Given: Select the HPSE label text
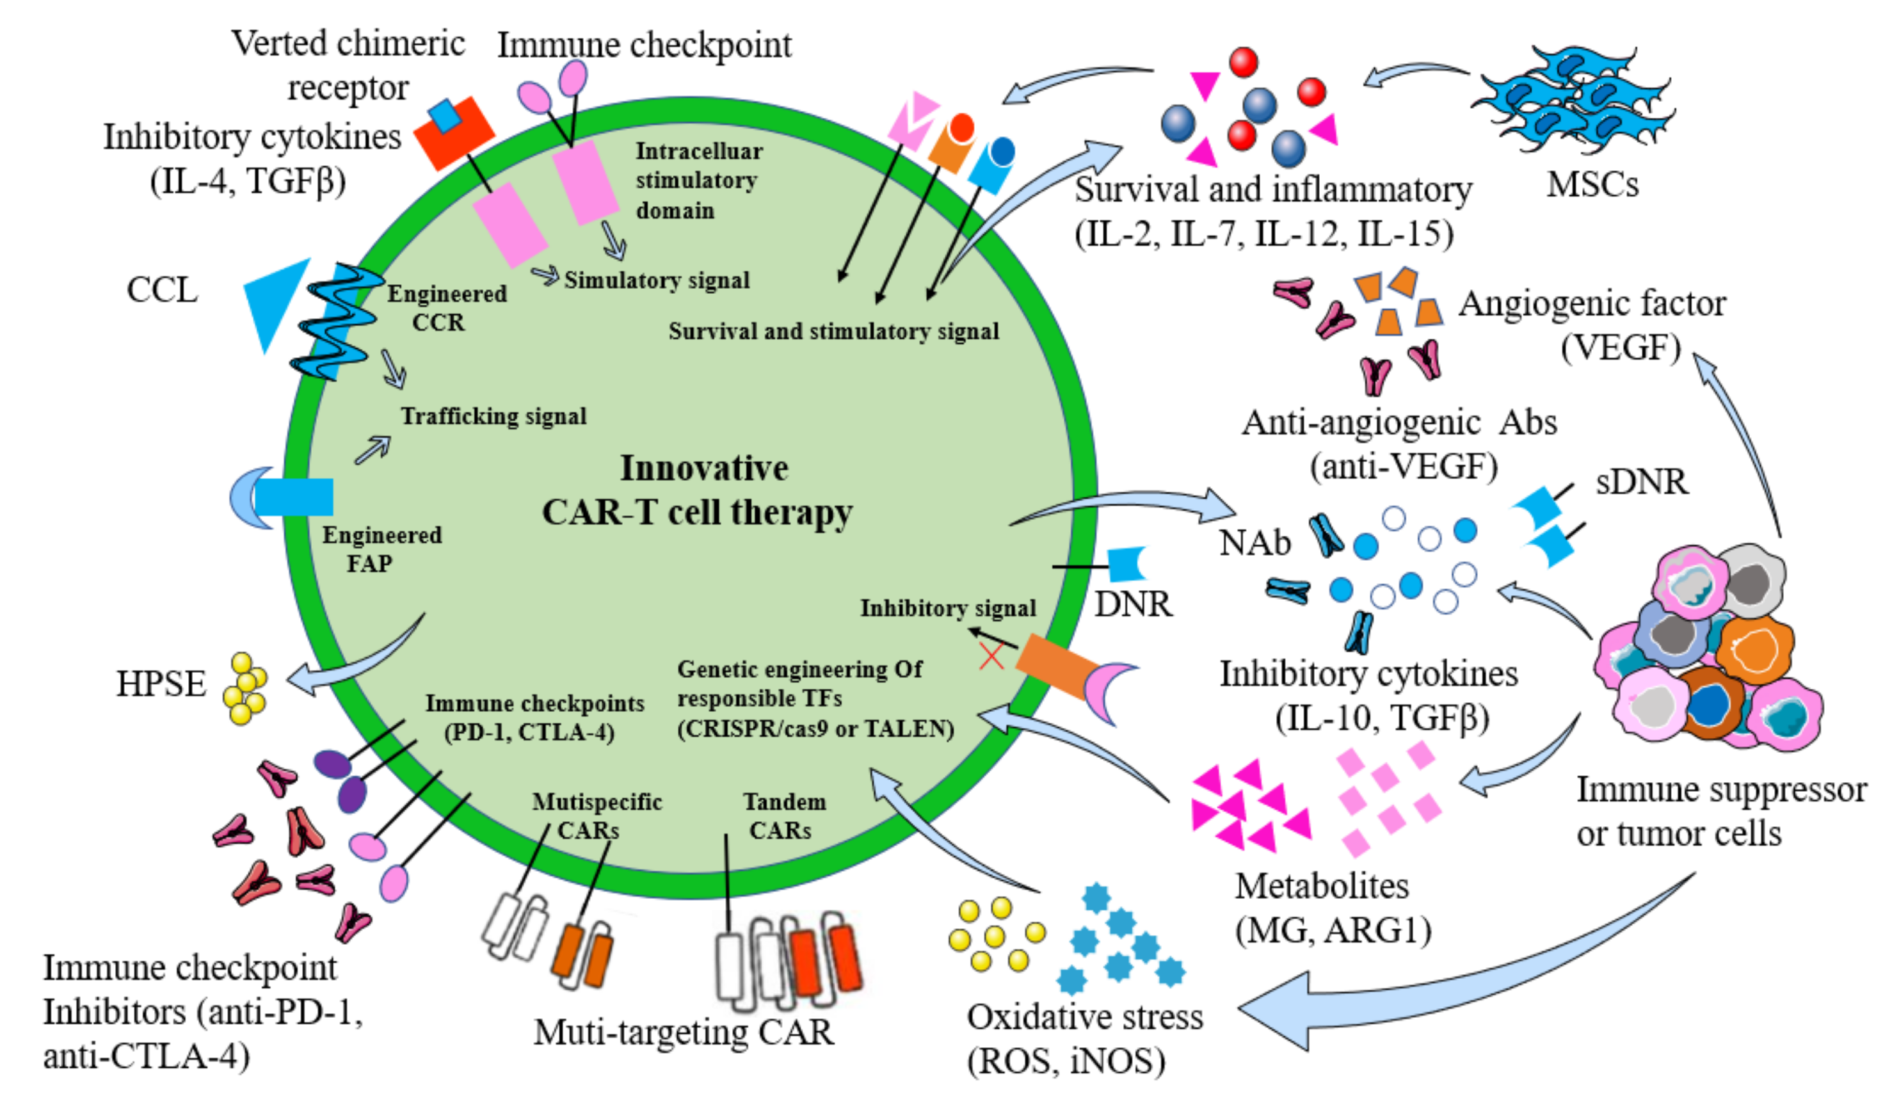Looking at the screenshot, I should (x=161, y=684).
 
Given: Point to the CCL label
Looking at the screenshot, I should (x=162, y=290).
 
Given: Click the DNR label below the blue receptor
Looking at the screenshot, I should (x=1133, y=604).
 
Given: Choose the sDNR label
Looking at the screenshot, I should (x=1642, y=481).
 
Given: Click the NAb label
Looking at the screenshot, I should (x=1255, y=543).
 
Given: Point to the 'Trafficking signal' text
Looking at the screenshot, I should (x=493, y=416).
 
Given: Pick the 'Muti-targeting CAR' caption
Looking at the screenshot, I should (x=683, y=1033).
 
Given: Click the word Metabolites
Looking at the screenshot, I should (x=1322, y=886).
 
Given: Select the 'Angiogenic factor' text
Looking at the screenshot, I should (x=1592, y=304).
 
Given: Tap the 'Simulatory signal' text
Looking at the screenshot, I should (x=657, y=280).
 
